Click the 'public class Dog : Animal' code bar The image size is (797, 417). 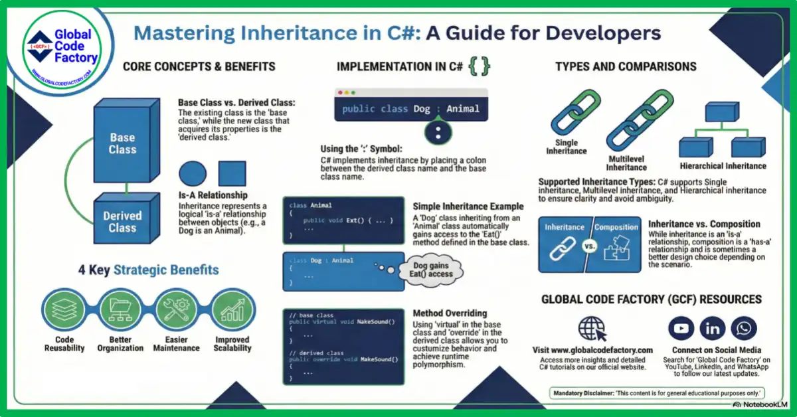pyautogui.click(x=411, y=108)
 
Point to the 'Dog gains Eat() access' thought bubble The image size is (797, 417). pyautogui.click(x=433, y=270)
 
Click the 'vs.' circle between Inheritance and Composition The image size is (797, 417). pyautogui.click(x=590, y=244)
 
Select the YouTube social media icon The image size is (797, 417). pyautogui.click(x=681, y=328)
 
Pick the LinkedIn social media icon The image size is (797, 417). pyautogui.click(x=713, y=328)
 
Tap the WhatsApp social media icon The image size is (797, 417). pyautogui.click(x=744, y=328)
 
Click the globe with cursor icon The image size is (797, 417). pyautogui.click(x=592, y=328)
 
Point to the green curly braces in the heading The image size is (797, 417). pyautogui.click(x=480, y=66)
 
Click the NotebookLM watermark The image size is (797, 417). pyautogui.click(x=763, y=404)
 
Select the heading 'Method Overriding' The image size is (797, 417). pyautogui.click(x=450, y=313)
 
